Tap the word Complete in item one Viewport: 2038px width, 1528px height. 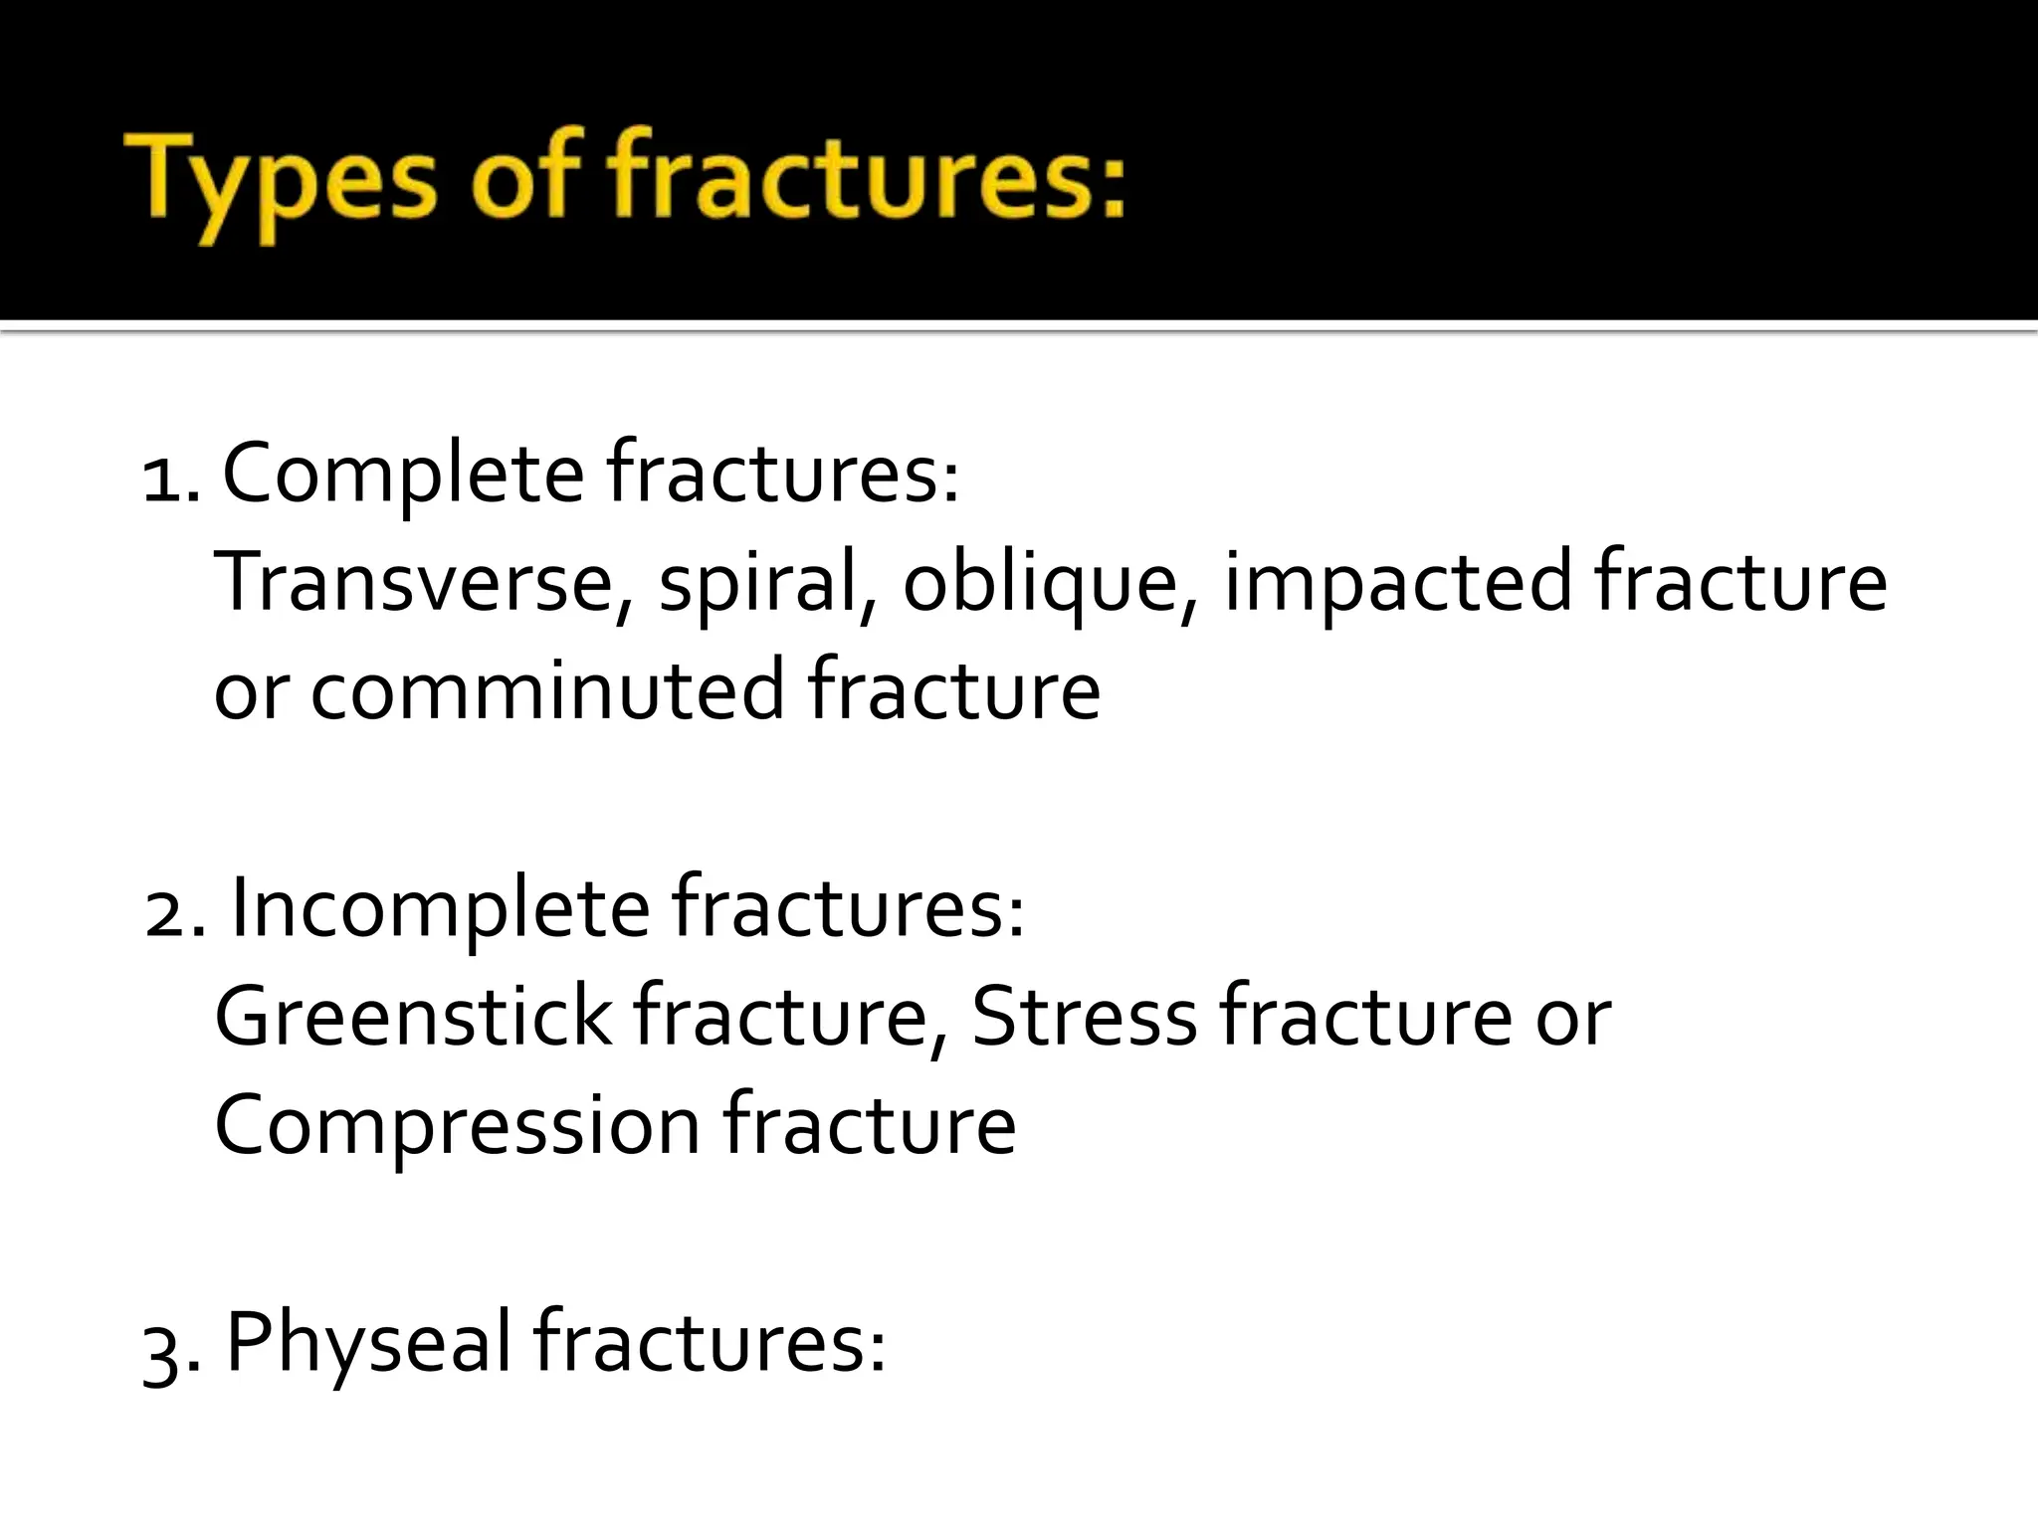tap(402, 475)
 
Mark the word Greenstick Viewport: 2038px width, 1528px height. tap(413, 1017)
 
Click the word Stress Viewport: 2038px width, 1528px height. tap(1084, 1017)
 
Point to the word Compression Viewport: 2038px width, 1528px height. tap(458, 1124)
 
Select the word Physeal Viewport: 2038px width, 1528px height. tap(368, 1343)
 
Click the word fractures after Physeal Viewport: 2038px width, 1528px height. tap(709, 1343)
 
